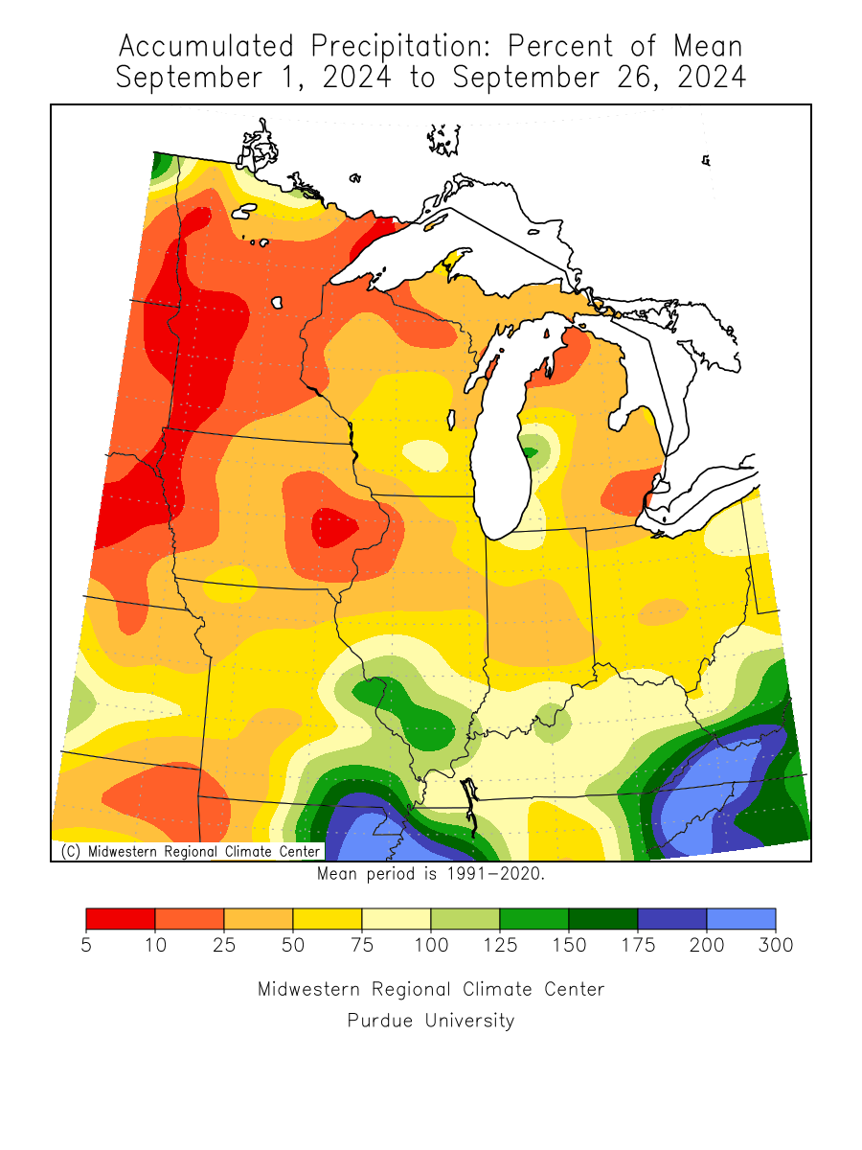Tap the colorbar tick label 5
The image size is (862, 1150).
(x=86, y=946)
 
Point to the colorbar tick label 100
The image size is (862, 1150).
(x=431, y=946)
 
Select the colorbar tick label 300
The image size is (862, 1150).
(x=775, y=946)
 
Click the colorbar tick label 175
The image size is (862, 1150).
(x=638, y=946)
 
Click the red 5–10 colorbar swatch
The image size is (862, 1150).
(x=121, y=919)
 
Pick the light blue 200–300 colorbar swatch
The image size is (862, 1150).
(x=740, y=919)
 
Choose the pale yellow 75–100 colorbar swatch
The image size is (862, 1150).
(x=397, y=919)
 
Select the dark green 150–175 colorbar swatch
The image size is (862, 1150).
(x=603, y=919)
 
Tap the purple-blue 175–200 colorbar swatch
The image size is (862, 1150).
(x=672, y=919)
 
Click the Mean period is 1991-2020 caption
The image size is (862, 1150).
(x=430, y=873)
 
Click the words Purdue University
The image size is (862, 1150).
(x=431, y=1021)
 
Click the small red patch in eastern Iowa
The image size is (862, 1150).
(x=333, y=526)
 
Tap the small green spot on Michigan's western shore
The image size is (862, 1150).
(x=529, y=450)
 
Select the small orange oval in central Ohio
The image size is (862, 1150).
(x=663, y=610)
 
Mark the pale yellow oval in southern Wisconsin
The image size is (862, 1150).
(x=424, y=453)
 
